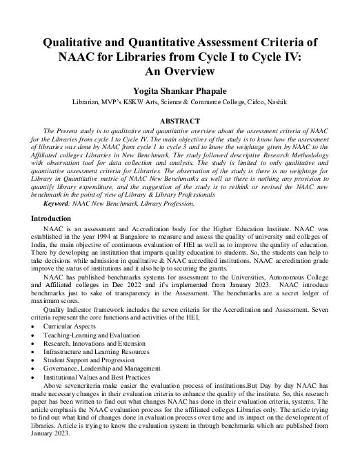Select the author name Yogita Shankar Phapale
(180, 90)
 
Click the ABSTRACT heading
(180, 121)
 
